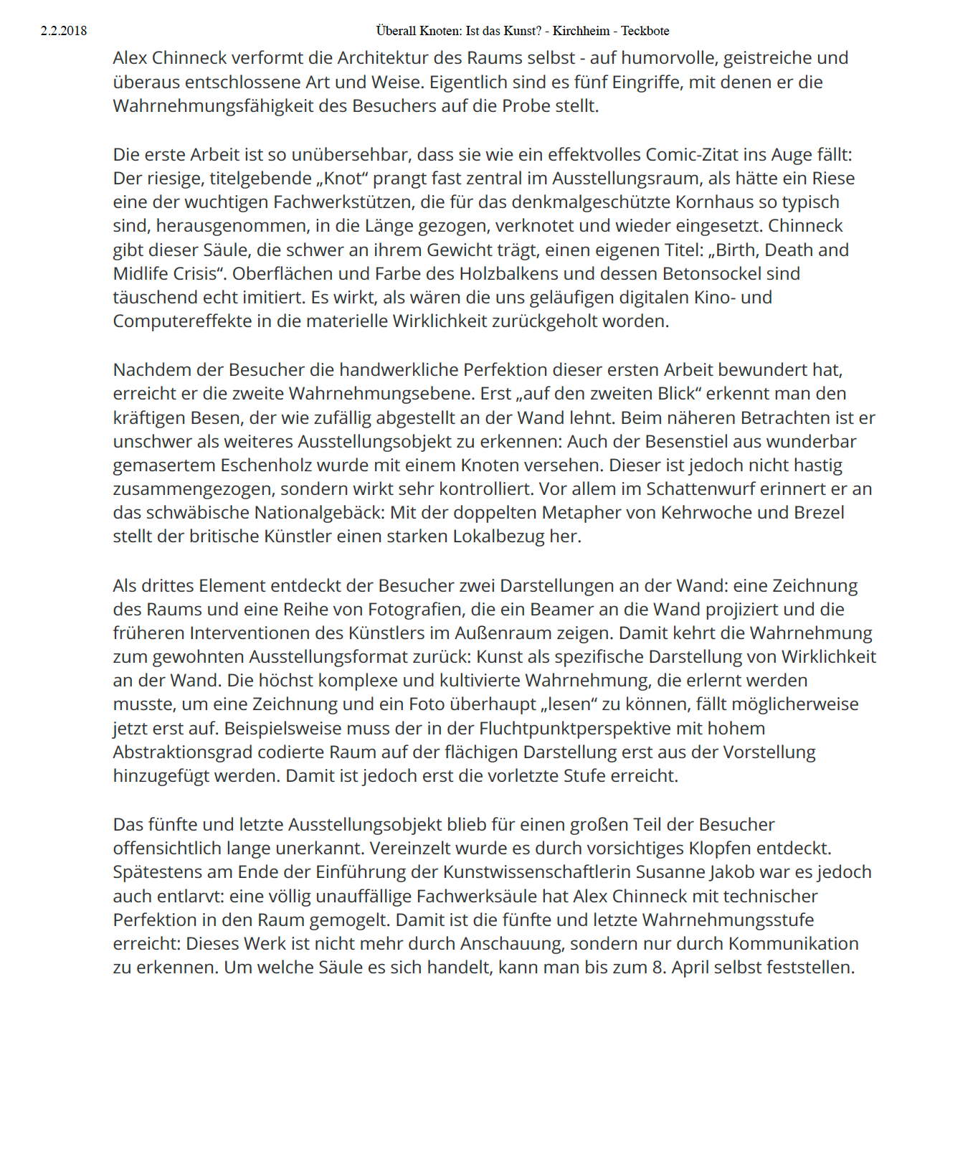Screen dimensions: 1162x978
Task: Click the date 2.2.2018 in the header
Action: (64, 31)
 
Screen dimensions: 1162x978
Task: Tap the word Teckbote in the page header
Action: (645, 31)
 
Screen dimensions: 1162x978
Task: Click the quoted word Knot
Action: (343, 179)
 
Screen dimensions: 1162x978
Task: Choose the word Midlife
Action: (142, 274)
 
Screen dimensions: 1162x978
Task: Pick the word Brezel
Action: (819, 513)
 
